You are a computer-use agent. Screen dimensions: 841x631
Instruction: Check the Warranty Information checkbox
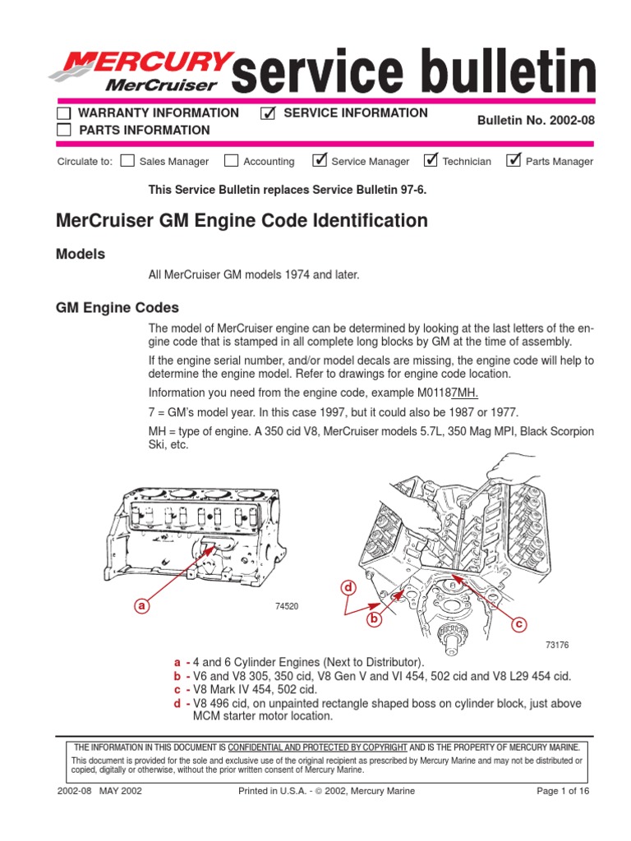point(63,113)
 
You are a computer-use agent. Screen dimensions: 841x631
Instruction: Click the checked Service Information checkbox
point(267,113)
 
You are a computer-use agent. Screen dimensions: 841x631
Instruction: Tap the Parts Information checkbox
point(63,130)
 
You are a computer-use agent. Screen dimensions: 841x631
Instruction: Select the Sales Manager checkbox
point(127,161)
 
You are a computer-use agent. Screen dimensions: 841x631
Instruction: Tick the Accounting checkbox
point(232,161)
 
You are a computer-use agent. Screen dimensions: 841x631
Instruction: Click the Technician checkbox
point(431,160)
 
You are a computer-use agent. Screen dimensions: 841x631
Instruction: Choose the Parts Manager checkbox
point(514,160)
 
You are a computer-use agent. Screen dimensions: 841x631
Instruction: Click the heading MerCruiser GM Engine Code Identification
point(241,221)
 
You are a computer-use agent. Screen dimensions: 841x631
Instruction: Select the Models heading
point(80,255)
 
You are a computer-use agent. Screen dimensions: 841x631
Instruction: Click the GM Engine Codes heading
point(117,308)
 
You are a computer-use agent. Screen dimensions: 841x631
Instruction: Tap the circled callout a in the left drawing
point(142,606)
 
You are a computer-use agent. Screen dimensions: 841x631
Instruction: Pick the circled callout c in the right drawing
point(518,625)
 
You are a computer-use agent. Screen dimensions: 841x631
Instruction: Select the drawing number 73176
point(556,646)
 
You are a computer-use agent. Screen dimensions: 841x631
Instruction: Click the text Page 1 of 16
point(562,791)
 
